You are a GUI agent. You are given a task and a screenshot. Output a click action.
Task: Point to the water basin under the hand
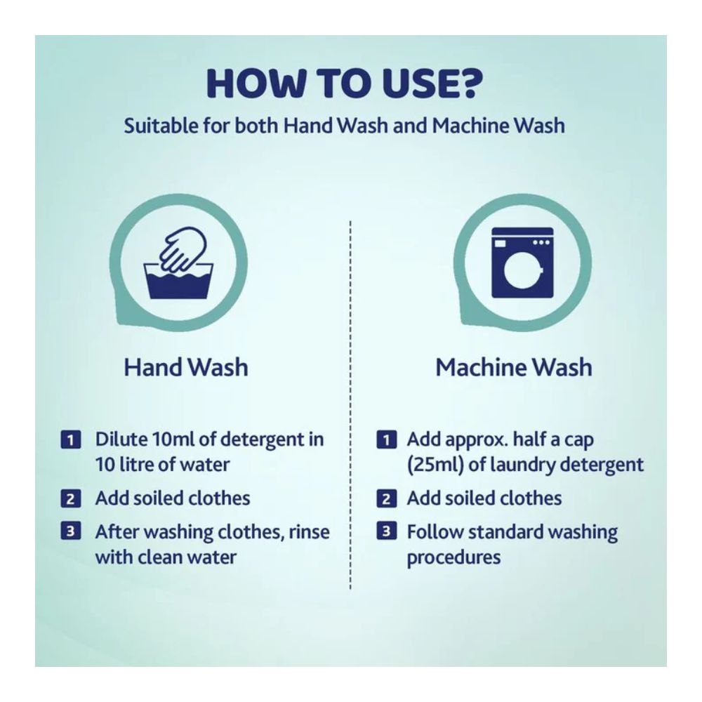178,282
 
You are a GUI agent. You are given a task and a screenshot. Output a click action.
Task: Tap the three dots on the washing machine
541,243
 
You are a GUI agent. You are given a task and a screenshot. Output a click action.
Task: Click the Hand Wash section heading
186,367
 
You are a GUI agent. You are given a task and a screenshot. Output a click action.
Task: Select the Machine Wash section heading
514,367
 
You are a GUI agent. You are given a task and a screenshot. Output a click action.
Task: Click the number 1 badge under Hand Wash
71,439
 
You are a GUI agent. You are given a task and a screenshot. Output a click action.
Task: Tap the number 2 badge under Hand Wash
71,498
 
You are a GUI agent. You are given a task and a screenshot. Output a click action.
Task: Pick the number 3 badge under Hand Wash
71,531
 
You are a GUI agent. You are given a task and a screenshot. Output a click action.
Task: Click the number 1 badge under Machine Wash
386,439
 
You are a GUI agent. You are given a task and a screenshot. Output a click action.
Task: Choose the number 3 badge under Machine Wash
386,531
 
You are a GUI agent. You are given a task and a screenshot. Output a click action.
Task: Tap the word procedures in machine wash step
453,558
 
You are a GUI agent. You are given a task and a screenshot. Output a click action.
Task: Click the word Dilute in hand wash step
121,439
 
